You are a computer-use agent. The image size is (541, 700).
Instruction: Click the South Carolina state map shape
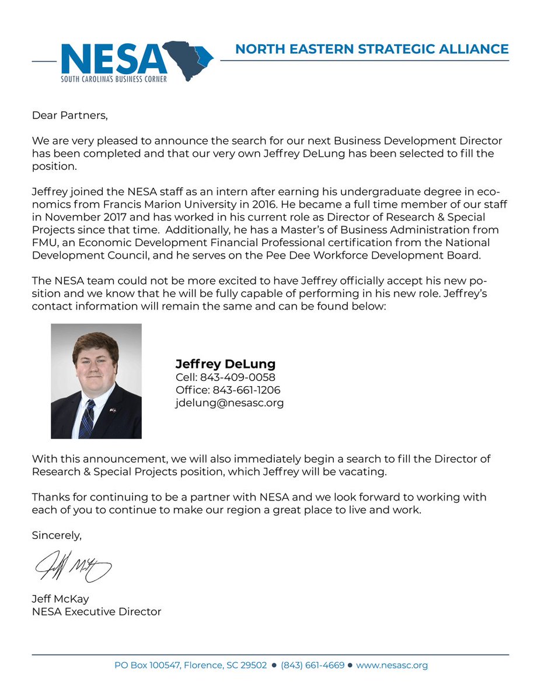coord(188,58)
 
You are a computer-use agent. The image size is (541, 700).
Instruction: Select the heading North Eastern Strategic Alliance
coord(372,49)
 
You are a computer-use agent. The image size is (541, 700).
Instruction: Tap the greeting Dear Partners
coord(70,115)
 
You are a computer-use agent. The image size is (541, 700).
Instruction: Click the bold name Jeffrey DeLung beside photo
coord(225,364)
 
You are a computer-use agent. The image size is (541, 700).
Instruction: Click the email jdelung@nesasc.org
coord(229,403)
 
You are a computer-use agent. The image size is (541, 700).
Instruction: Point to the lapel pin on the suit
coord(112,410)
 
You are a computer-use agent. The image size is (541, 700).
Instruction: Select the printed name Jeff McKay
coord(61,599)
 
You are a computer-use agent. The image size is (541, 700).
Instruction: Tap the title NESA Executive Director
coord(96,612)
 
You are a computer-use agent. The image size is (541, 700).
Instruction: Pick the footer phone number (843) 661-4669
coord(312,665)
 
